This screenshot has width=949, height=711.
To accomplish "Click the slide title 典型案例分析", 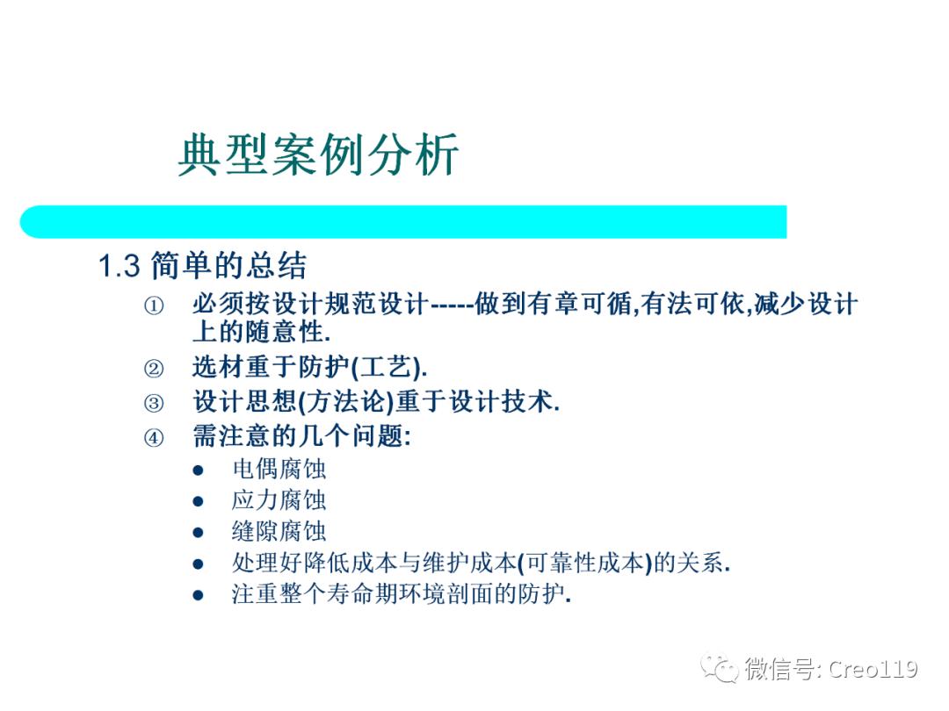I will [x=318, y=156].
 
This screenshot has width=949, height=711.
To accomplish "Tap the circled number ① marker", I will [x=154, y=306].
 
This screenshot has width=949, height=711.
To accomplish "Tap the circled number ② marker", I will [x=154, y=368].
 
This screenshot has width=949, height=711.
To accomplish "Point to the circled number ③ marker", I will [x=154, y=403].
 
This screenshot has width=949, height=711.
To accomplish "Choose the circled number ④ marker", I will [x=154, y=437].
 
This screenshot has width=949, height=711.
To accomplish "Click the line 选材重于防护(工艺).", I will [x=310, y=367].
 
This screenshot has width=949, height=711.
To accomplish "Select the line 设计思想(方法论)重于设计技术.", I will [x=376, y=402].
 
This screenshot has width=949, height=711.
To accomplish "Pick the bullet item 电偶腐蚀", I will [x=279, y=469].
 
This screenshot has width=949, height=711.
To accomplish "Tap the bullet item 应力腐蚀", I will [x=279, y=500].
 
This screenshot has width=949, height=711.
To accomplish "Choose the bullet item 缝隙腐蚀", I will [x=279, y=531].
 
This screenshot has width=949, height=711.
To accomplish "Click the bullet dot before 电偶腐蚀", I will [x=199, y=470].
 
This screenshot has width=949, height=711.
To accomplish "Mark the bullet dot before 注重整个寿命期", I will [x=199, y=595].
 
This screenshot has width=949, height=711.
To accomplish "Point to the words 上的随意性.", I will [x=262, y=333].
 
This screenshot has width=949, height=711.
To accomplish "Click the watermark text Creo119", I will [x=873, y=670].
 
